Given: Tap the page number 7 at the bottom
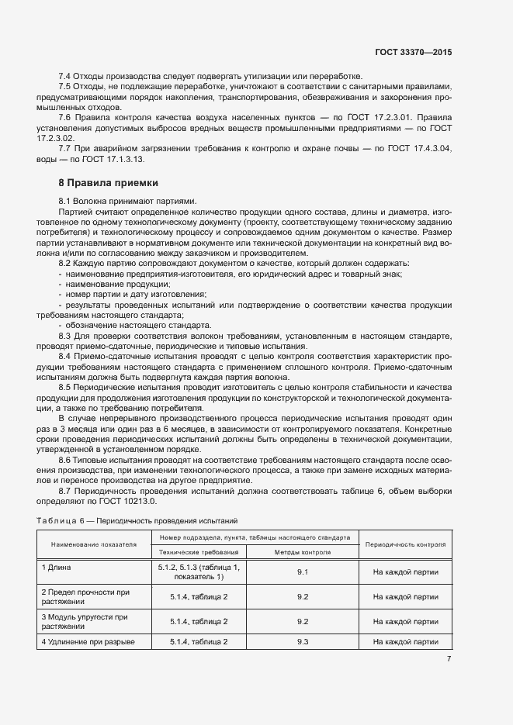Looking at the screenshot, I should (x=449, y=658).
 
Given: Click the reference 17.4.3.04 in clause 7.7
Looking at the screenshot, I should (x=432, y=147).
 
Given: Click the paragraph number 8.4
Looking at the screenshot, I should (x=67, y=355).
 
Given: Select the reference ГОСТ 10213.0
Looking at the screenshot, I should (x=125, y=500).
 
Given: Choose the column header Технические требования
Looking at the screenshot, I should (x=200, y=553).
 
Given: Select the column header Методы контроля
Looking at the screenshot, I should (x=303, y=553).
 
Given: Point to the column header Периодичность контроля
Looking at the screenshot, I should (x=405, y=545).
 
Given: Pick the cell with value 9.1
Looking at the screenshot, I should (x=303, y=572).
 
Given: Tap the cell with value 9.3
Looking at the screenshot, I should (x=303, y=642).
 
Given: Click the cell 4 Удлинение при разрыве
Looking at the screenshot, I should (x=88, y=642).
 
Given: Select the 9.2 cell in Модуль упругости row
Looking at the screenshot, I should (x=303, y=621).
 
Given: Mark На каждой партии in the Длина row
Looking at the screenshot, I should (x=405, y=572).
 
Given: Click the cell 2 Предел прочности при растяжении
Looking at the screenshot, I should (x=85, y=597).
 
